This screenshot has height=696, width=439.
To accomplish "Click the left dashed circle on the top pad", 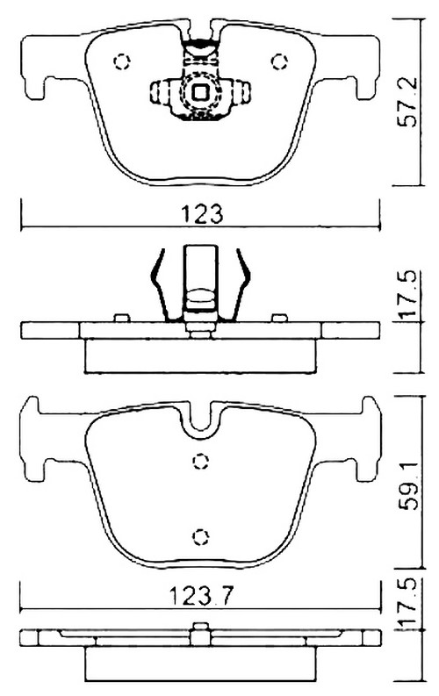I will pos(122,61).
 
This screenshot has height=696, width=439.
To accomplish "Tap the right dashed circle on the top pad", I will pos(281,61).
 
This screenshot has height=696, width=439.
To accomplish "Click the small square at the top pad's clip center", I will pos(201,90).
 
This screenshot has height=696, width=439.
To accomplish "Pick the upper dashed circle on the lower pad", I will pos(201,460).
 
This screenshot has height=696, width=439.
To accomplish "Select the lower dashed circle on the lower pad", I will pos(201,535).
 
